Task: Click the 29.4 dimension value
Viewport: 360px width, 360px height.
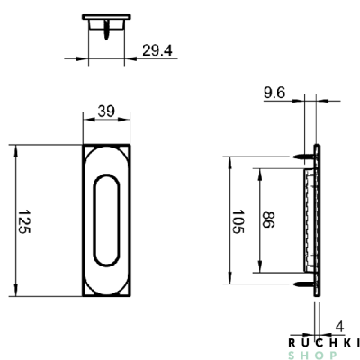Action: click(157, 50)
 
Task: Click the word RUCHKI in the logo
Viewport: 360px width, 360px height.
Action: click(324, 342)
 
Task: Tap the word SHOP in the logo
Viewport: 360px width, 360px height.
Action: click(324, 354)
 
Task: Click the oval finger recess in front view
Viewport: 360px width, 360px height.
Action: click(107, 220)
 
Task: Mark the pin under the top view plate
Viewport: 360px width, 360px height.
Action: click(108, 32)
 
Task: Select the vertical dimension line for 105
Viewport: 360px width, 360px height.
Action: click(229, 220)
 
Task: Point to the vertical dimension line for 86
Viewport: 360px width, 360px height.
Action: click(259, 220)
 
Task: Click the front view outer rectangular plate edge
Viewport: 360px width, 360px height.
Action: click(84, 220)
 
